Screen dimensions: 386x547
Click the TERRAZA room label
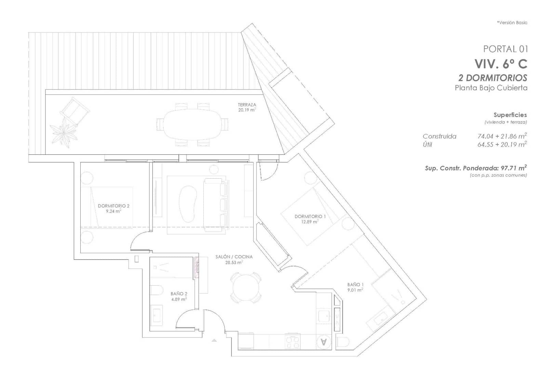247,105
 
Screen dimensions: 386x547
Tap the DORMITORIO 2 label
114,206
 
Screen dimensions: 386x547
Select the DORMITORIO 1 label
310,217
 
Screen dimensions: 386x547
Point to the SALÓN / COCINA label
234,257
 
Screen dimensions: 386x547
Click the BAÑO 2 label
179,294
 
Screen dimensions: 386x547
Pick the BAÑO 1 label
355,285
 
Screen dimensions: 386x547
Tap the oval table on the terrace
192,125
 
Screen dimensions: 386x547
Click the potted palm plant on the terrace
64,132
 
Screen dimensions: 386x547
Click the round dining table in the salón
246,287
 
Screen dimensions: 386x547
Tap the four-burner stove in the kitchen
292,342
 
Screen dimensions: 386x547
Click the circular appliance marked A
324,342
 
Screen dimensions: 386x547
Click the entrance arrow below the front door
214,340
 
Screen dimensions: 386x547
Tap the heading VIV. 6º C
501,64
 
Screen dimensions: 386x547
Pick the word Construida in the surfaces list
439,136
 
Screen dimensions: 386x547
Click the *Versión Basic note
512,23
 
